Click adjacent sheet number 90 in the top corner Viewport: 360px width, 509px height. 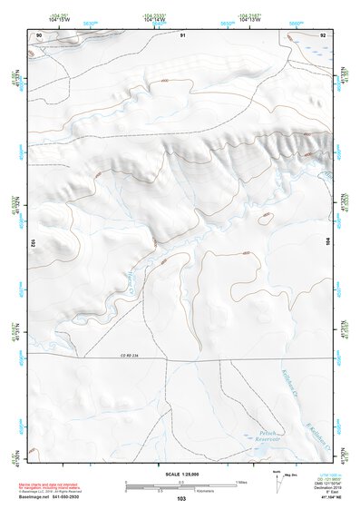(x=39, y=34)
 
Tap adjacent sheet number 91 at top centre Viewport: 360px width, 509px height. (x=182, y=34)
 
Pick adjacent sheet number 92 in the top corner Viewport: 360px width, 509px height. (x=323, y=34)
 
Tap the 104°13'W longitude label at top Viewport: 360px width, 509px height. (x=251, y=20)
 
